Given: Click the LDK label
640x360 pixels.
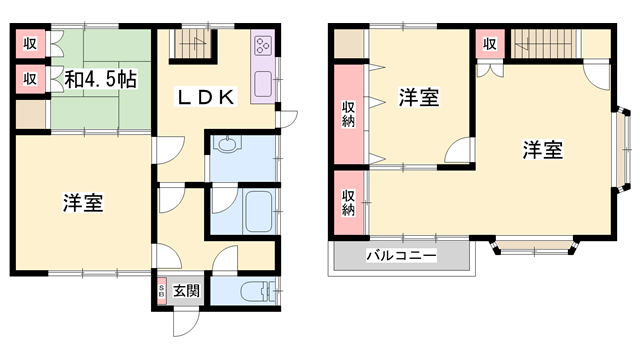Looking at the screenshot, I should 206,98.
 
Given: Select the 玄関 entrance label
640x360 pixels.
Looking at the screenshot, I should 185,291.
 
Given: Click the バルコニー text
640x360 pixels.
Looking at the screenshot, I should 400,257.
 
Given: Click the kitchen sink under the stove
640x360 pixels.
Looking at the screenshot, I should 264,84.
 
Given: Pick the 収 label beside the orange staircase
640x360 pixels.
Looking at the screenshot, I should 490,43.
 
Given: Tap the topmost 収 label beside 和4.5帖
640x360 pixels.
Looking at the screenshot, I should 30,43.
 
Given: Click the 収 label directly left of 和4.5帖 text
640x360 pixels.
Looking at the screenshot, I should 30,78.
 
